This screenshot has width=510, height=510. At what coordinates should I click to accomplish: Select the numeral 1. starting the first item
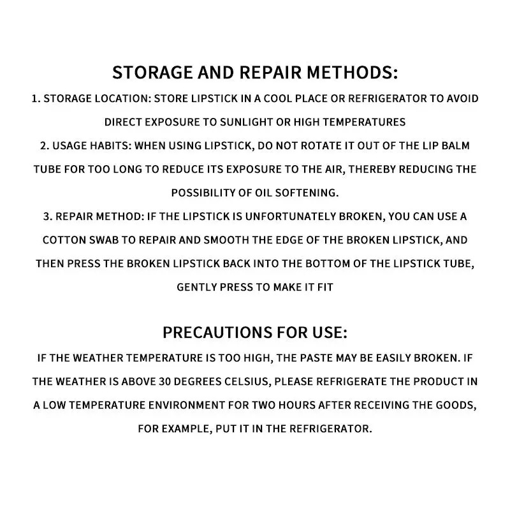click(x=35, y=99)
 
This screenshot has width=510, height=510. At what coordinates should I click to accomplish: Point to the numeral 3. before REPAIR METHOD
click(x=47, y=216)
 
